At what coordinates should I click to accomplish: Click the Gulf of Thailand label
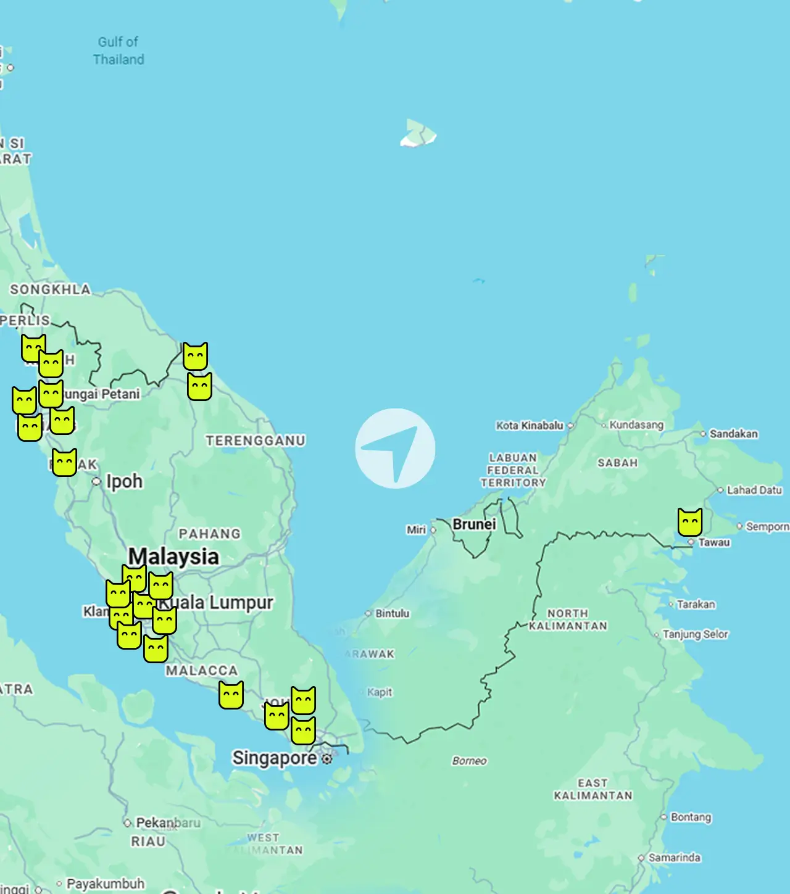118,51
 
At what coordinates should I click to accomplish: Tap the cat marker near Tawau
690,523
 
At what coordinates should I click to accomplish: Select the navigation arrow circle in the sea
395,449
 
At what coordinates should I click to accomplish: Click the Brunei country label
474,524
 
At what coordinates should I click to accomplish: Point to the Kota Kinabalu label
530,426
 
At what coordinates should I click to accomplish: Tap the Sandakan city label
733,434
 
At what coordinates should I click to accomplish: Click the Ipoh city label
124,481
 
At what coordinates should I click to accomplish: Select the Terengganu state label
256,441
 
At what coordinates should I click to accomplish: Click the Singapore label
274,758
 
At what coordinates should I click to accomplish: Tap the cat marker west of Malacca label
156,649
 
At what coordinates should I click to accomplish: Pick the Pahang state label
209,534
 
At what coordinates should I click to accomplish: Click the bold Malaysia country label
173,557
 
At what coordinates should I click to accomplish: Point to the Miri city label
416,530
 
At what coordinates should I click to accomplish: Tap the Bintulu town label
392,613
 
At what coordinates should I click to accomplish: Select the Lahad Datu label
754,490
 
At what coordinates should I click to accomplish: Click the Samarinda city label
674,858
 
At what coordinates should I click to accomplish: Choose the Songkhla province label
50,289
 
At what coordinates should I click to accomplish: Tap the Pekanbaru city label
168,822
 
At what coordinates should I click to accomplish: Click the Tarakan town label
696,604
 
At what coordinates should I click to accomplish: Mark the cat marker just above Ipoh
64,462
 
